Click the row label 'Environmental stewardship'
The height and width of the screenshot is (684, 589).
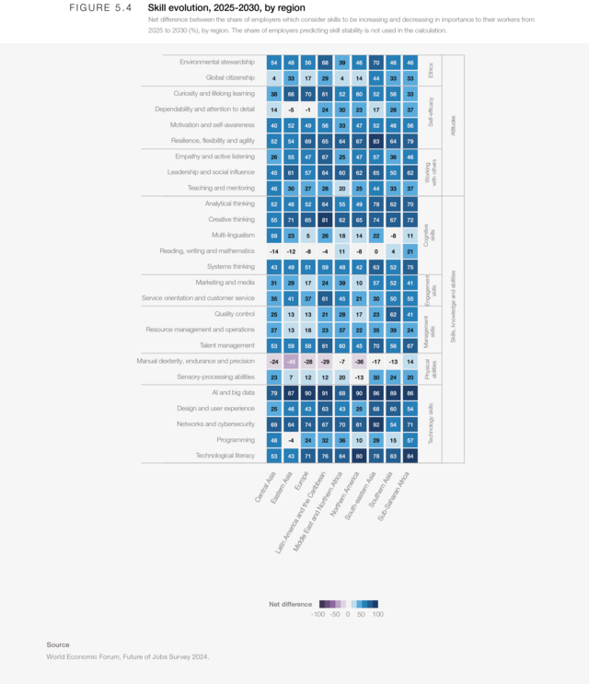point(217,62)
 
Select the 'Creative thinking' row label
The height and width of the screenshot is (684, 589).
point(231,220)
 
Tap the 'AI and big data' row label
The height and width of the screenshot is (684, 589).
point(234,393)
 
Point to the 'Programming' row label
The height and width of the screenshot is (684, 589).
point(237,440)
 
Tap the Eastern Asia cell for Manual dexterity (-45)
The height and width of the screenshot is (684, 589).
point(291,362)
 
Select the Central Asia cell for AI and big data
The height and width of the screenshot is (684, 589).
point(274,393)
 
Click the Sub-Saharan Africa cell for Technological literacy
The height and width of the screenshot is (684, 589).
point(410,456)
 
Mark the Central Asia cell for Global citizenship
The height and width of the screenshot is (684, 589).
point(274,78)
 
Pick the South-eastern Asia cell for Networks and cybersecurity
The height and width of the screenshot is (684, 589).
point(375,424)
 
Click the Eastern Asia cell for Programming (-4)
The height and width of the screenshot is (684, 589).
point(291,440)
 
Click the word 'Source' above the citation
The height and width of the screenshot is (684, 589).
point(58,644)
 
